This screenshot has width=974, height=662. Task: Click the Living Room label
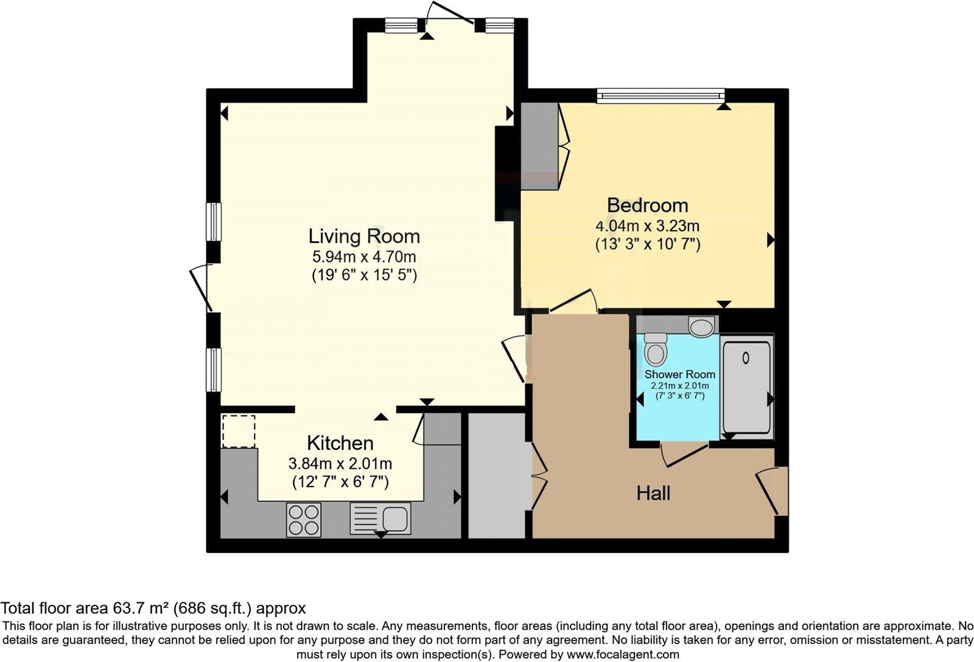pos(364,236)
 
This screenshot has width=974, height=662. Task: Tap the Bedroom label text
pos(648,205)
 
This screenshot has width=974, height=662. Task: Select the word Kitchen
pos(340,443)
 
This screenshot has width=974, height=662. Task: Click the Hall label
pos(653,493)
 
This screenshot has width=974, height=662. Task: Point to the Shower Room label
pos(679,375)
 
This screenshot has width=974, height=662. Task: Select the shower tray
pos(746,387)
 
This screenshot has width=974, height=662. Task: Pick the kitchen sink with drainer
pos(380,518)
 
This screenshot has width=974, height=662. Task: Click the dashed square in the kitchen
pos(239,431)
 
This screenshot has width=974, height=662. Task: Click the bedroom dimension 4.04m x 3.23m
pos(648,227)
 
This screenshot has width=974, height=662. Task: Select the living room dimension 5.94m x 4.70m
pos(364,257)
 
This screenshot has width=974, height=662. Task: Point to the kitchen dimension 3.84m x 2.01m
pos(340,464)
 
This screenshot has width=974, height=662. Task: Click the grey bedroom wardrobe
pos(540,146)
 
